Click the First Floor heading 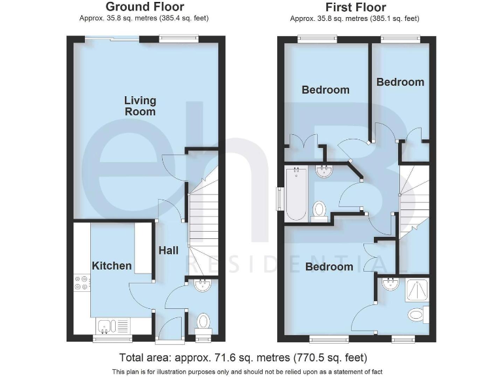click(x=355, y=8)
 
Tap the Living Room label click(x=141, y=105)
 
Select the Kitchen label click(x=111, y=266)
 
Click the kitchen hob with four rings click(x=82, y=281)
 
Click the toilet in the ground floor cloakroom click(x=203, y=322)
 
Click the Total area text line click(x=243, y=358)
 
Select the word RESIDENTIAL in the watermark click(x=292, y=265)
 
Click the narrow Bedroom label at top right click(x=400, y=82)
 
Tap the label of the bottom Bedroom click(x=328, y=266)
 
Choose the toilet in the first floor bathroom click(x=320, y=210)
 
